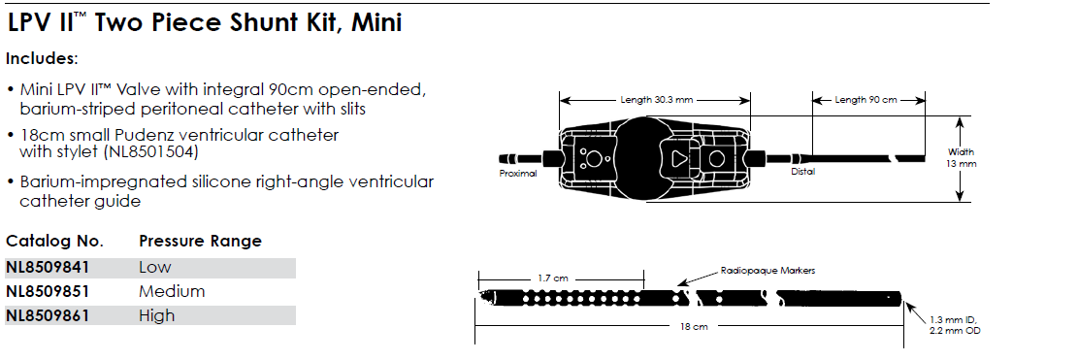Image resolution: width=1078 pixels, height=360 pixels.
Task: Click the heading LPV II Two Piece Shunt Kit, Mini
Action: (x=204, y=22)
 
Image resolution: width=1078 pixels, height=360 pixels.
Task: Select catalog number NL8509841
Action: (x=48, y=267)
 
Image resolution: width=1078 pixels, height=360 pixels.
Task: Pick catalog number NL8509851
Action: (x=48, y=291)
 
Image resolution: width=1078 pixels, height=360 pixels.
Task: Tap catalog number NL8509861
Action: (x=48, y=316)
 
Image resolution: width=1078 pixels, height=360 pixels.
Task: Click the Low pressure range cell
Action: (x=155, y=267)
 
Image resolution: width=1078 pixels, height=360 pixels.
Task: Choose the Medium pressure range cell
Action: (x=172, y=291)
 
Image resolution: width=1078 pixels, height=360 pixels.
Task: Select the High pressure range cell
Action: (x=157, y=316)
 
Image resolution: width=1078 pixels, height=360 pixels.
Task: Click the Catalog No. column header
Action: (x=55, y=242)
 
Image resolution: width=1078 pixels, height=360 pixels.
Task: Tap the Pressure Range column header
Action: (x=201, y=242)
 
